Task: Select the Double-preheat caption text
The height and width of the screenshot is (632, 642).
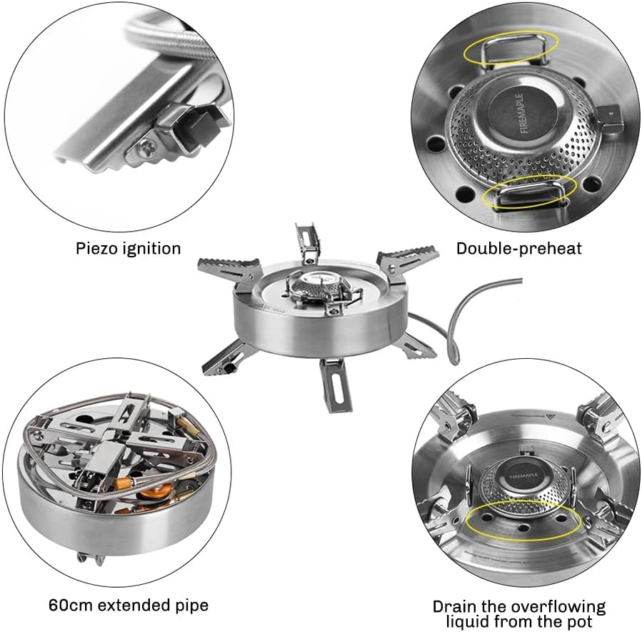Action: pyautogui.click(x=519, y=249)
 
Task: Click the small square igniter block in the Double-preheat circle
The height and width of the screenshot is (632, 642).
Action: pyautogui.click(x=609, y=112)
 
